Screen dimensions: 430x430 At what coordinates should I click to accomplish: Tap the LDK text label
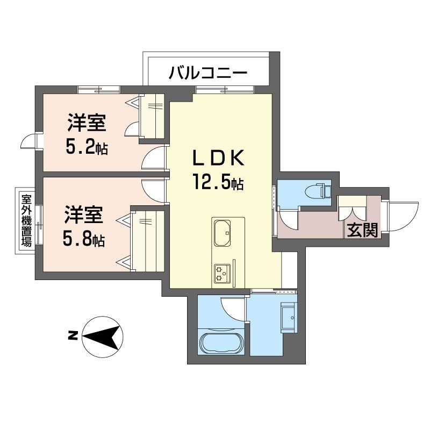pos(219,159)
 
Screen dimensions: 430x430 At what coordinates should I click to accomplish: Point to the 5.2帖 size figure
pos(86,147)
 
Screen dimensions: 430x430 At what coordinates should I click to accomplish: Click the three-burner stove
pos(221,273)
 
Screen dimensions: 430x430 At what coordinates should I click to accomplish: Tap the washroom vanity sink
pos(288,317)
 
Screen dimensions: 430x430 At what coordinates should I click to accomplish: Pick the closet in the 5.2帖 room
pos(152,116)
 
